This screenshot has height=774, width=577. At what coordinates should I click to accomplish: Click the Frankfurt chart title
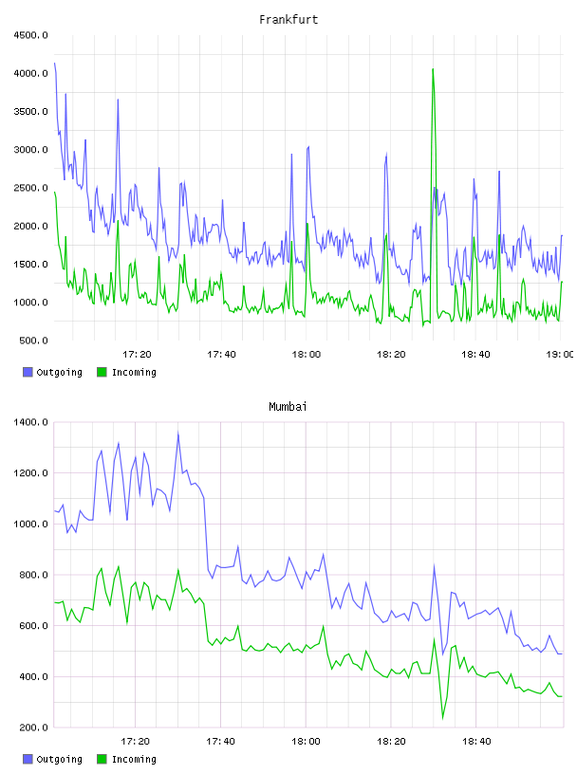[x=288, y=20]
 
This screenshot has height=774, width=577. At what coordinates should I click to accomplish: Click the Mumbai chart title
[x=288, y=407]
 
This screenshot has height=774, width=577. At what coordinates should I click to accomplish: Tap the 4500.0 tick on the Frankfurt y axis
[x=31, y=35]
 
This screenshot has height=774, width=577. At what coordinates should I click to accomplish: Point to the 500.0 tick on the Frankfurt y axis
[x=33, y=341]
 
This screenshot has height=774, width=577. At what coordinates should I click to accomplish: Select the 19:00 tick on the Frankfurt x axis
[x=560, y=354]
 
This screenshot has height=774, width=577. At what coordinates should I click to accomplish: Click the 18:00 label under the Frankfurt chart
[x=307, y=354]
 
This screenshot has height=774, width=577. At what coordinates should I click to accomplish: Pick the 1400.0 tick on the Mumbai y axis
[x=31, y=422]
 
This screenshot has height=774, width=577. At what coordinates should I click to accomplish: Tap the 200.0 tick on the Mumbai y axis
[x=33, y=728]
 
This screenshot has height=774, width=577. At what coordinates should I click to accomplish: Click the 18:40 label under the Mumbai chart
[x=476, y=741]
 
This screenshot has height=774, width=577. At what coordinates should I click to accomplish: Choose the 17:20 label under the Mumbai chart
[x=136, y=741]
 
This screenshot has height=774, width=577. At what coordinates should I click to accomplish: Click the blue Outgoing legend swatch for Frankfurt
[x=28, y=372]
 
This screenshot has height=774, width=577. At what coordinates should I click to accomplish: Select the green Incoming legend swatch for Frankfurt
[x=102, y=372]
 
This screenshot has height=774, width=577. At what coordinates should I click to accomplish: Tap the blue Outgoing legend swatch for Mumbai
[x=28, y=759]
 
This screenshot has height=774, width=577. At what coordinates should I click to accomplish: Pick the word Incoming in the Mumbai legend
[x=134, y=759]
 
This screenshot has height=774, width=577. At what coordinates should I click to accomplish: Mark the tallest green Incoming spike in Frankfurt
[x=433, y=69]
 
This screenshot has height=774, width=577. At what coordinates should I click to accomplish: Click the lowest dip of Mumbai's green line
[x=442, y=718]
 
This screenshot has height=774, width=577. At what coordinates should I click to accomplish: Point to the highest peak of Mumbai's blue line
[x=178, y=433]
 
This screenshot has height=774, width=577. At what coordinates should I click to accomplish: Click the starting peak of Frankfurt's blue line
[x=55, y=64]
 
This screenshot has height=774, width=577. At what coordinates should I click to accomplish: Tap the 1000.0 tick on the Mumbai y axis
[x=31, y=524]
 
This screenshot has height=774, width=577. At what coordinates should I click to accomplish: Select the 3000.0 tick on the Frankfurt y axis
[x=31, y=150]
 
